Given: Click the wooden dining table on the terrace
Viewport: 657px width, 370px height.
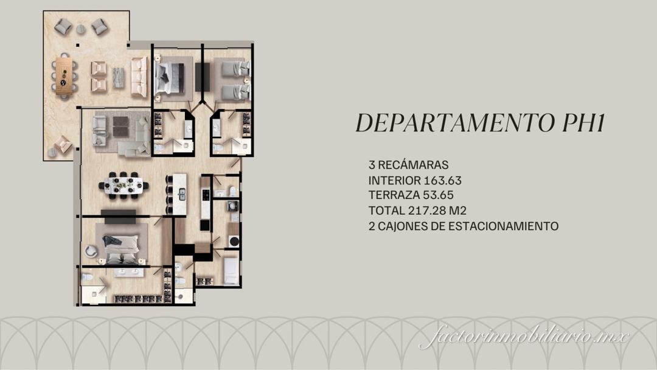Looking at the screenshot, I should coord(64,75).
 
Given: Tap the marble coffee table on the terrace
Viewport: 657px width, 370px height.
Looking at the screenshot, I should coord(118,77).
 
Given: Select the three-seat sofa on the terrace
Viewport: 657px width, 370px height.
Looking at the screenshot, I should coord(139,77).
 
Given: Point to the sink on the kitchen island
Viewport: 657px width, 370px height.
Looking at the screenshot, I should coord(181,194).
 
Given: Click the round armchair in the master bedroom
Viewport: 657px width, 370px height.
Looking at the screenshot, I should coord(91,250).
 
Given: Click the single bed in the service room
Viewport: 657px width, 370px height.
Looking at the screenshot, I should coord(231,271).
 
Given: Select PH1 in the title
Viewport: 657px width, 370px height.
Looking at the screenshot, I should coord(583,123).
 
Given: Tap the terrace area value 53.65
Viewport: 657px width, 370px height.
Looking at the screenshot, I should coord(434,195).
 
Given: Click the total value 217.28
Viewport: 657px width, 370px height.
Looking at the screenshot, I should coord(426,211).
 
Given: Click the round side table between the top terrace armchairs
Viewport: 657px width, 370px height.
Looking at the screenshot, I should coord(80,29).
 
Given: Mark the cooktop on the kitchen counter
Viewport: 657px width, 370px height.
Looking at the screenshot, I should coord(206,195).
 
